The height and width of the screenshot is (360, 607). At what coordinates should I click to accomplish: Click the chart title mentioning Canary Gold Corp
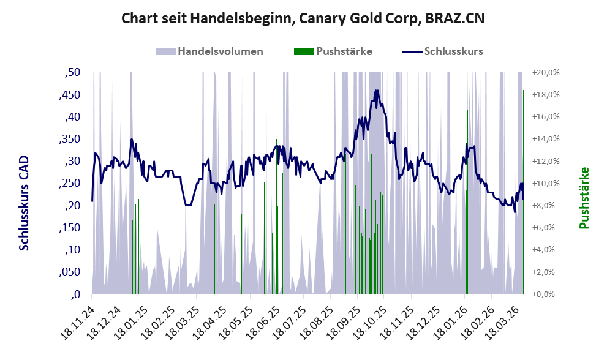click(303, 18)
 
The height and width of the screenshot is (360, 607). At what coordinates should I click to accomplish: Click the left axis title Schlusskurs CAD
click(24, 203)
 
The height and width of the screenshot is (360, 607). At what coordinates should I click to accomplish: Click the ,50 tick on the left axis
click(72, 73)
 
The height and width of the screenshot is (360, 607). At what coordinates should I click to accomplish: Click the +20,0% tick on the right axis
click(546, 73)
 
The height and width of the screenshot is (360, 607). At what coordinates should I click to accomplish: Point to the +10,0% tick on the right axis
click(546, 184)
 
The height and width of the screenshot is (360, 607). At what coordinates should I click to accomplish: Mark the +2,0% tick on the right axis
click(546, 272)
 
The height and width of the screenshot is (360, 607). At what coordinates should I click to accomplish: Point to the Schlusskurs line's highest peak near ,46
click(376, 91)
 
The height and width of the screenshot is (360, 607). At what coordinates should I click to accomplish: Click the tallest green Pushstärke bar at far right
click(523, 184)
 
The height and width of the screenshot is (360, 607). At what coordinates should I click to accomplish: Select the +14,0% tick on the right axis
click(546, 140)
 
